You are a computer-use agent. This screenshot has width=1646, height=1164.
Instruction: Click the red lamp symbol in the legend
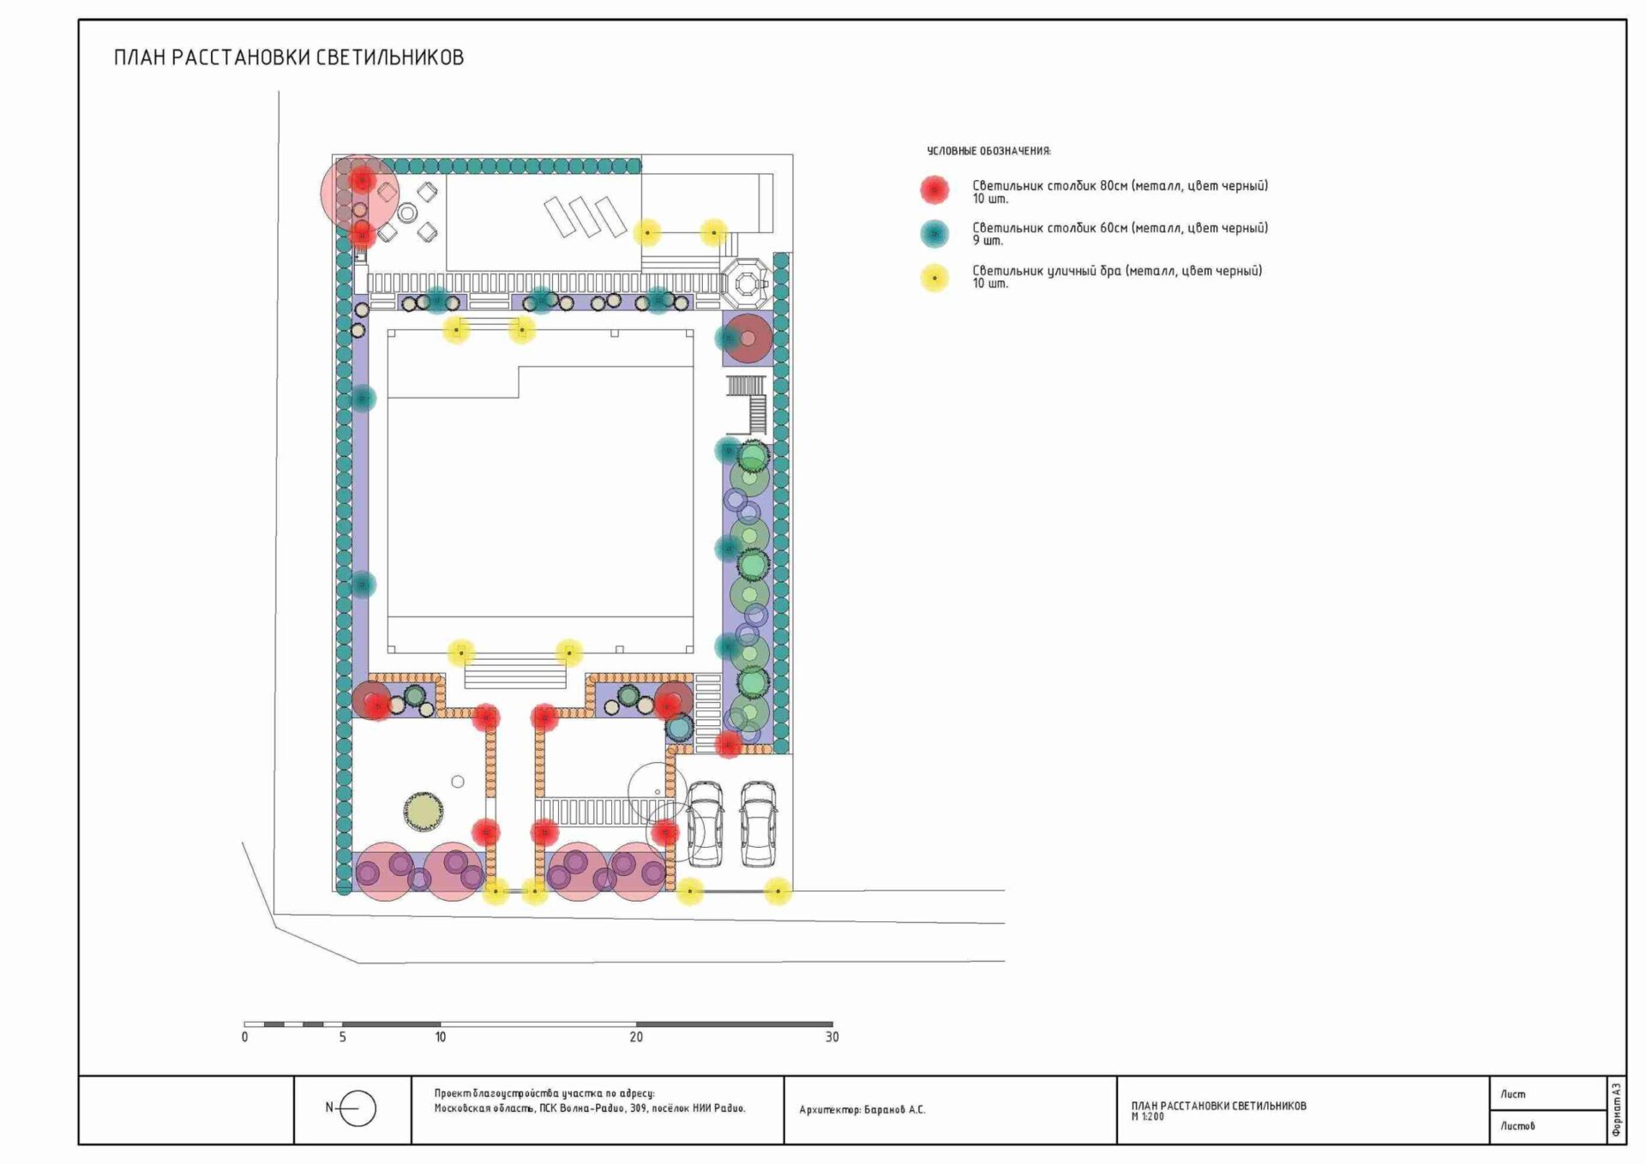pyautogui.click(x=934, y=189)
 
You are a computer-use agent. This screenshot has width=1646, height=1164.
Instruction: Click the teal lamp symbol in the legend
pyautogui.click(x=934, y=233)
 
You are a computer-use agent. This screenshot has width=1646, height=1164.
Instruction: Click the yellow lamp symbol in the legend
pyautogui.click(x=934, y=278)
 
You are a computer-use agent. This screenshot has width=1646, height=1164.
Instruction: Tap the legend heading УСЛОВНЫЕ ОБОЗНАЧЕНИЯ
pyautogui.click(x=988, y=151)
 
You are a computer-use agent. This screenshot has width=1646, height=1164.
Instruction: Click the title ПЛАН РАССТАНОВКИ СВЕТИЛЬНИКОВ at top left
pyautogui.click(x=289, y=57)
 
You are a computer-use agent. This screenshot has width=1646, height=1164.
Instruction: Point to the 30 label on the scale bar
pyautogui.click(x=832, y=1037)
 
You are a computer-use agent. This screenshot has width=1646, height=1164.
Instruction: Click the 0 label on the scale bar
pyautogui.click(x=245, y=1037)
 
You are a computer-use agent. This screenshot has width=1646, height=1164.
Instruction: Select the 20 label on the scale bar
pyautogui.click(x=636, y=1037)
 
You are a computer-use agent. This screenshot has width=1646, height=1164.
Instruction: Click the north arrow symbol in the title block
pyautogui.click(x=353, y=1108)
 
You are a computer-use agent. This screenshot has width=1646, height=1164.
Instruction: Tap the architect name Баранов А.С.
pyautogui.click(x=895, y=1110)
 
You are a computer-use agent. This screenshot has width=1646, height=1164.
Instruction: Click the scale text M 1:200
pyautogui.click(x=1147, y=1117)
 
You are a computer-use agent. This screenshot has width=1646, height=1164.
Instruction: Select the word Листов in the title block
pyautogui.click(x=1517, y=1126)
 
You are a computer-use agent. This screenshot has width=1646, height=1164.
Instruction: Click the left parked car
pyautogui.click(x=705, y=823)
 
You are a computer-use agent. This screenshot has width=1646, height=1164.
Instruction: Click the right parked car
pyautogui.click(x=759, y=823)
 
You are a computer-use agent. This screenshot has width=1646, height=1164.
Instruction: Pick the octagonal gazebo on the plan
pyautogui.click(x=746, y=282)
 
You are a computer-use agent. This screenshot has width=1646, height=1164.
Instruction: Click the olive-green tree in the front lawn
pyautogui.click(x=424, y=811)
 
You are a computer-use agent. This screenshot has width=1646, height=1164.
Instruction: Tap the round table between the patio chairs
pyautogui.click(x=407, y=213)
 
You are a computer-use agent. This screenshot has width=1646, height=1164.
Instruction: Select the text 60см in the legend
pyautogui.click(x=1114, y=228)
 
